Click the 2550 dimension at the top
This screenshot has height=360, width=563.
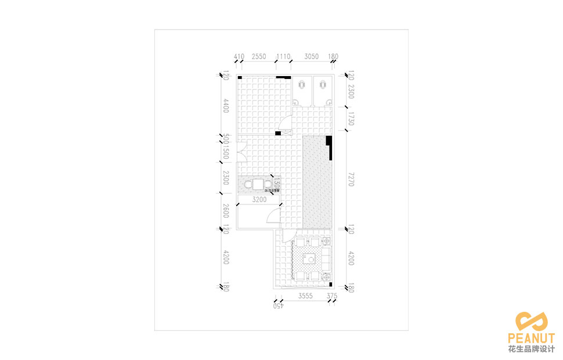coord(259,57)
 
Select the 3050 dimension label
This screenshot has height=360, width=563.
coord(312,57)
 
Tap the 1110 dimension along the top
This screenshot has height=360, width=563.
coord(283,57)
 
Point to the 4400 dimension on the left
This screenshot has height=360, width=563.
coord(226,106)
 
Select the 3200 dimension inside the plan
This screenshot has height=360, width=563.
coord(259,200)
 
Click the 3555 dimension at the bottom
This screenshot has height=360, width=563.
coord(305,296)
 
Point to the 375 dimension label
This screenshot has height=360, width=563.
coord(332,296)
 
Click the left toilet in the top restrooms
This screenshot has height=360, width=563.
coord(302,85)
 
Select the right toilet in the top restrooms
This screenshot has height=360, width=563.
coord(322,85)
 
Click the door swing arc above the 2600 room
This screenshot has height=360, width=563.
coord(272,217)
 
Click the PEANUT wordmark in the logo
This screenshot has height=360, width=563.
coord(531,338)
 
